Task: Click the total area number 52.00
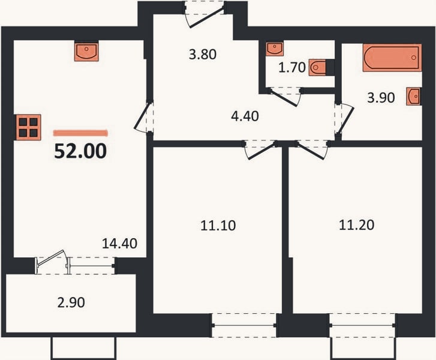click(x=80, y=151)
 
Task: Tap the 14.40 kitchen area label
click(x=119, y=244)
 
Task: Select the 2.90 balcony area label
click(x=71, y=302)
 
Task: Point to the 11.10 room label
click(x=218, y=226)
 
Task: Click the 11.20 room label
click(x=356, y=225)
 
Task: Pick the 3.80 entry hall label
click(x=203, y=54)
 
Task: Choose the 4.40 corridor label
click(x=245, y=116)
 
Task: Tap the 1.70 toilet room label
click(x=292, y=68)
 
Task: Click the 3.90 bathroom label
click(x=381, y=98)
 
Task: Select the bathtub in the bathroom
click(x=392, y=58)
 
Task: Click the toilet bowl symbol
click(x=317, y=67)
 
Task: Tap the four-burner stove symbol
click(x=28, y=127)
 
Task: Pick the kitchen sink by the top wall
click(x=86, y=52)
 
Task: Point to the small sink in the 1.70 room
click(x=275, y=49)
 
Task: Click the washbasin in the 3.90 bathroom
click(x=414, y=96)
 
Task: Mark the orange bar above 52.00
click(x=80, y=133)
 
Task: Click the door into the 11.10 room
click(x=260, y=150)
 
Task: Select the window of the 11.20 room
click(x=362, y=325)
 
